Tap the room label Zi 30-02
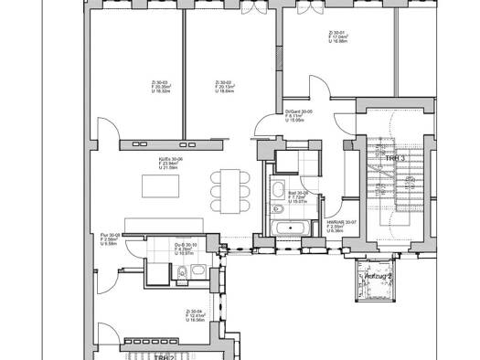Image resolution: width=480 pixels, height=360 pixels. (223, 87)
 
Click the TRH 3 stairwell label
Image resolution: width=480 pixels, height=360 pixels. (394, 158)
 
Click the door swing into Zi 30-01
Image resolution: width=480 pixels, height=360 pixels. (316, 92)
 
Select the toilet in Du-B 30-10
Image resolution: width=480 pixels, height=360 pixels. (183, 270)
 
